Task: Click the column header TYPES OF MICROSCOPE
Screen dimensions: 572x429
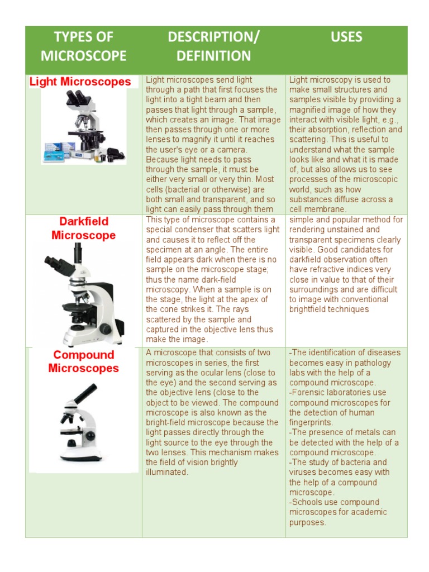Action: pyautogui.click(x=83, y=46)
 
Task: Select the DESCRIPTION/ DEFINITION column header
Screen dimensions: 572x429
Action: pyautogui.click(x=213, y=46)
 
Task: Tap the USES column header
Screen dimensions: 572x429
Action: pyautogui.click(x=346, y=37)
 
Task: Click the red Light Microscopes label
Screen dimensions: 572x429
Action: pyautogui.click(x=80, y=82)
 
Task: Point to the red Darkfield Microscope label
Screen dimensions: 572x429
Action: pyautogui.click(x=83, y=228)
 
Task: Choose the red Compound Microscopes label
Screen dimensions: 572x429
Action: pyautogui.click(x=83, y=361)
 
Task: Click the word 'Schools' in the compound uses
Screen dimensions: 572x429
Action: pyautogui.click(x=308, y=502)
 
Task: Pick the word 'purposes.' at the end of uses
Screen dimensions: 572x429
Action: pyautogui.click(x=308, y=522)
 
